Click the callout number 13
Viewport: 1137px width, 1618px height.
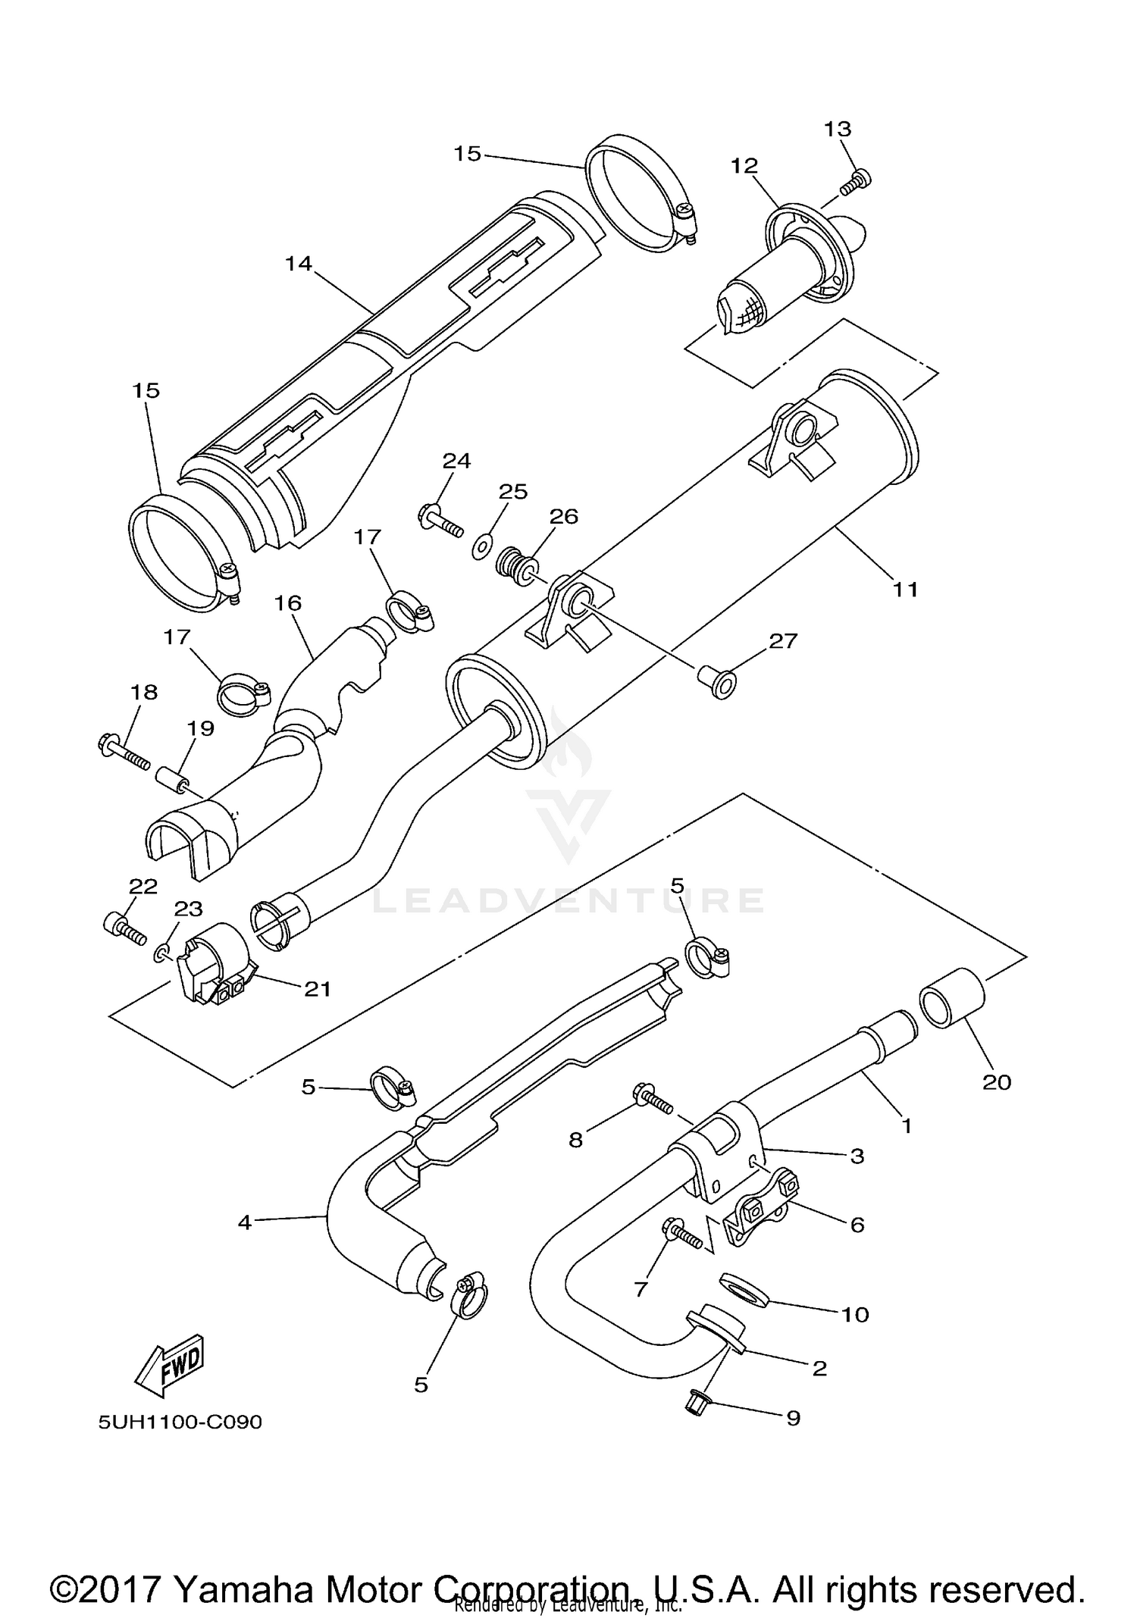click(838, 129)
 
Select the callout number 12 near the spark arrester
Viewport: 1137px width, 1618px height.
click(744, 165)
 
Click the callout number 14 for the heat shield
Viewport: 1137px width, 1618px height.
click(299, 264)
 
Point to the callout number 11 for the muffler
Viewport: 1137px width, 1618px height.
click(905, 589)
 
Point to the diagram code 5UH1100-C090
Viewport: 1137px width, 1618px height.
click(180, 1422)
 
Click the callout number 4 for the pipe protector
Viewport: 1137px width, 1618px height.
click(244, 1222)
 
